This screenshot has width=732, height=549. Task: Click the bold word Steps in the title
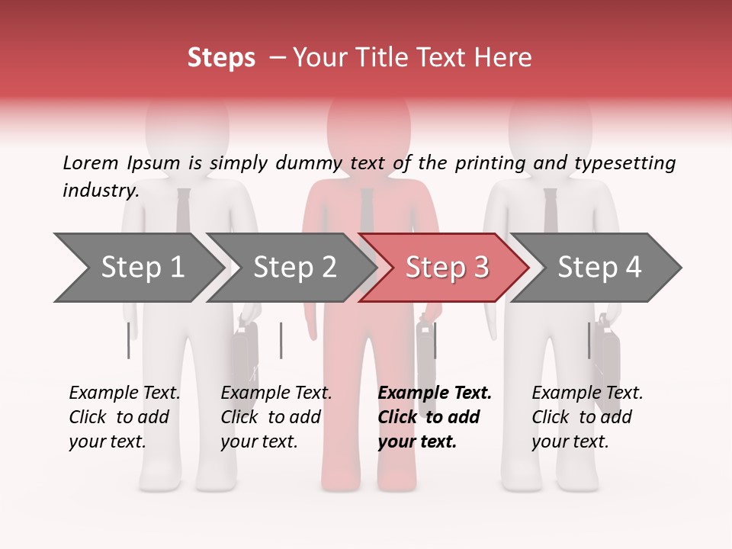pos(221,58)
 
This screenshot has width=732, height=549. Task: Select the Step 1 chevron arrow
pos(137,268)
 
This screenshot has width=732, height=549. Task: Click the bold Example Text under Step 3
pos(435,393)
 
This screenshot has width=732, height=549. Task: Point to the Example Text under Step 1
pos(124,393)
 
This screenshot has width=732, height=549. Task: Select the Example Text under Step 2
pos(276,393)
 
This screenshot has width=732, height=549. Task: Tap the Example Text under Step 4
pos(587,393)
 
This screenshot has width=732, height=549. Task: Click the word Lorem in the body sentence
pos(90,163)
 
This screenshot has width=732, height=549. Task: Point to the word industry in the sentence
pos(99,191)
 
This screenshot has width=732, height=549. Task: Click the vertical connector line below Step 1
pos(128,340)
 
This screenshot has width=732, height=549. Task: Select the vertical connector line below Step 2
pos(281,340)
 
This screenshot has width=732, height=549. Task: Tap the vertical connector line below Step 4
pos(589,340)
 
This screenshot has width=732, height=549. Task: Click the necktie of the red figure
pos(368,210)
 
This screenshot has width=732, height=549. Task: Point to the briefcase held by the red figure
pos(425,358)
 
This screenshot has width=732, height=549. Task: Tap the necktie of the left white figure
pos(184,210)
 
